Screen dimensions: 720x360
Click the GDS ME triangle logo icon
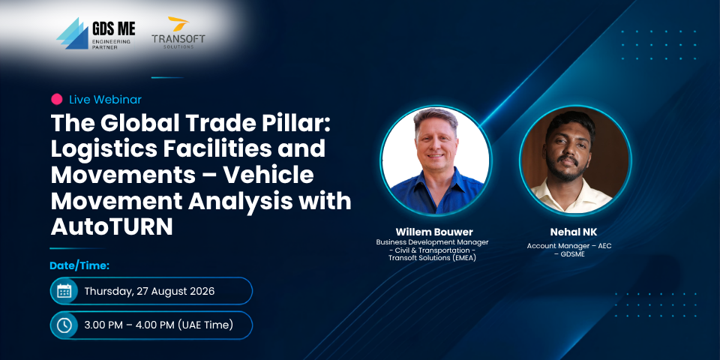73,34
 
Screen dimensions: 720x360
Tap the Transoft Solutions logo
178,32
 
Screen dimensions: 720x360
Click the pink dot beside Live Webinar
57,99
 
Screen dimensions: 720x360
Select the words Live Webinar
105,99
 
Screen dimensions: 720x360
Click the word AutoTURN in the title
112,226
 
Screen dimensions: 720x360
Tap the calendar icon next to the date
64,291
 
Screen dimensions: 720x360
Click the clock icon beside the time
64,325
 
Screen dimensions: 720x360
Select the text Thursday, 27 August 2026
149,291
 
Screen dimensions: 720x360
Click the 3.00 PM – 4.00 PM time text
159,325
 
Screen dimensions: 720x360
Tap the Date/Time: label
79,265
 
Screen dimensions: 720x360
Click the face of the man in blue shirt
436,142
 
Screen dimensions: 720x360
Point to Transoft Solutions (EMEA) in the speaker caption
432,257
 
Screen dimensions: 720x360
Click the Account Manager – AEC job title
569,246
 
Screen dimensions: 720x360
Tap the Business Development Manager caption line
432,242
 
